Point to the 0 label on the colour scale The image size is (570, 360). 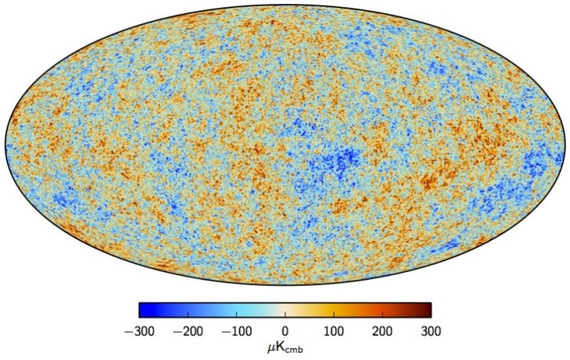tap(285, 331)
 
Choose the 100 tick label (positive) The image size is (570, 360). tap(334, 331)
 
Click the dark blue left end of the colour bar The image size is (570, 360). tap(142, 310)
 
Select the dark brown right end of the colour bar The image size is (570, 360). tap(428, 310)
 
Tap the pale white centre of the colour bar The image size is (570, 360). tap(285, 310)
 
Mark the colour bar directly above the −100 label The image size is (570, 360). tap(236, 310)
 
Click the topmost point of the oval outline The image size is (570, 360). tap(285, 6)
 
